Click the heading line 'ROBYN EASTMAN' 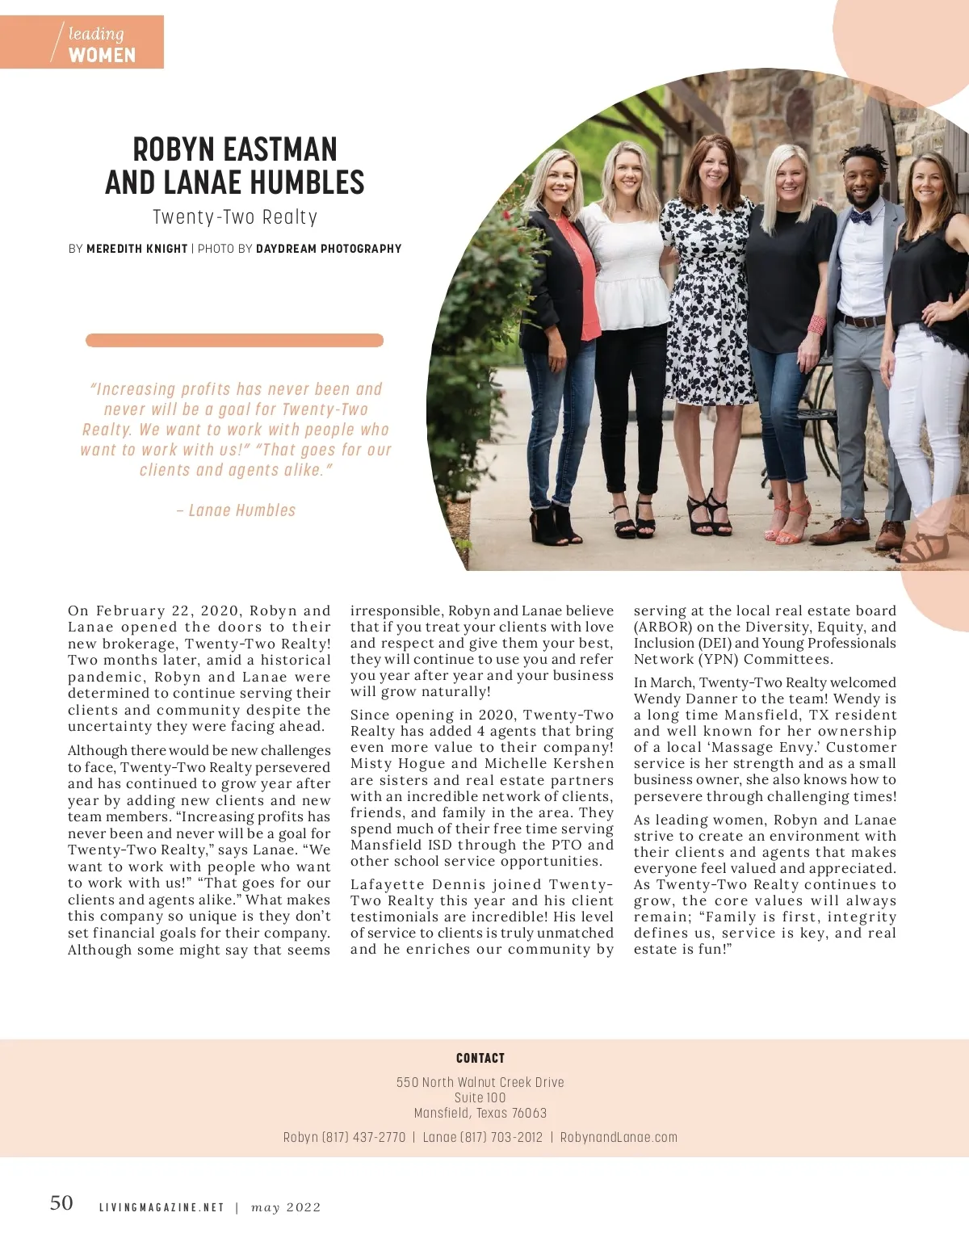[x=235, y=150]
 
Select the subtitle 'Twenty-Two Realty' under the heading [x=235, y=217]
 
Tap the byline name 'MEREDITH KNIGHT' [x=136, y=249]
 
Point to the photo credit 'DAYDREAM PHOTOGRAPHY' [x=329, y=249]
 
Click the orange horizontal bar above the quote [x=234, y=341]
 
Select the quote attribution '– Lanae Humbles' [x=236, y=510]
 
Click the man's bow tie [x=860, y=216]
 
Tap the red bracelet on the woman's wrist [x=816, y=325]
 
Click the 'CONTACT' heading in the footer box [x=480, y=1058]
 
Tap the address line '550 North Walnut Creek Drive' [x=480, y=1082]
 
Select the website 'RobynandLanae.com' [x=619, y=1137]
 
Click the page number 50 [x=61, y=1203]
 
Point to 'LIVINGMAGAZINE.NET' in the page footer [x=161, y=1207]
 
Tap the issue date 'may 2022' [x=286, y=1207]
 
